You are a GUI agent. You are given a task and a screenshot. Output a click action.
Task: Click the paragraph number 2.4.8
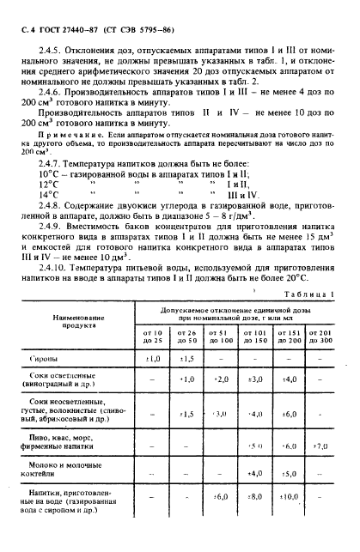point(43,207)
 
